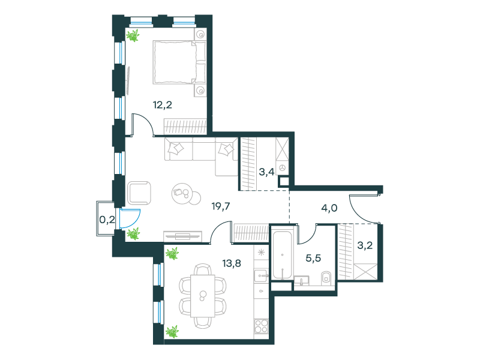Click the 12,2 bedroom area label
click(x=162, y=105)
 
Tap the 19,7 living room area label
click(x=221, y=206)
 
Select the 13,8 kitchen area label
click(x=232, y=263)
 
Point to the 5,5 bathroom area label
click(x=313, y=258)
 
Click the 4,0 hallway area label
click(x=329, y=208)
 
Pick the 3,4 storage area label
click(x=266, y=172)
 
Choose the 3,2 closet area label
click(x=365, y=245)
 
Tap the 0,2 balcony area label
click(x=107, y=219)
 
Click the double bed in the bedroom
click(x=179, y=62)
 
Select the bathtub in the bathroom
click(x=283, y=255)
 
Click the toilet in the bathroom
click(x=326, y=278)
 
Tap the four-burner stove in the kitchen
click(x=262, y=326)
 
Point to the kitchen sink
click(x=261, y=276)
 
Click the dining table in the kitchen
click(x=203, y=296)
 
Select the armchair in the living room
click(x=139, y=193)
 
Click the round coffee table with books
click(x=182, y=193)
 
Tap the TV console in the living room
click(x=183, y=236)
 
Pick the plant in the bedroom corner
click(x=133, y=35)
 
